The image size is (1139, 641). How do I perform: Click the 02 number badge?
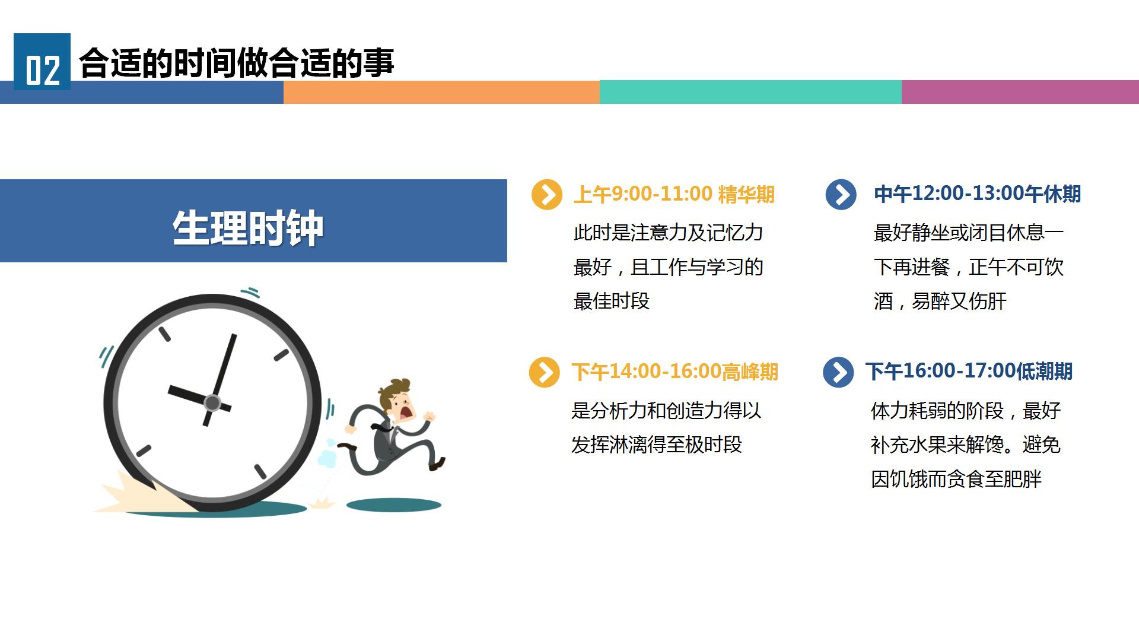pyautogui.click(x=42, y=62)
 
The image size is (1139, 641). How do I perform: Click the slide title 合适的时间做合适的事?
pyautogui.click(x=237, y=62)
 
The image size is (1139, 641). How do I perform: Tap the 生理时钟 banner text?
pyautogui.click(x=248, y=228)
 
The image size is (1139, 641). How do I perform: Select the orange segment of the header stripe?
pyautogui.click(x=441, y=92)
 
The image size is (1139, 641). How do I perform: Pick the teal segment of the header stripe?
pyautogui.click(x=750, y=92)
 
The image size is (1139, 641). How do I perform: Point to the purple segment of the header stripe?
pyautogui.click(x=1020, y=92)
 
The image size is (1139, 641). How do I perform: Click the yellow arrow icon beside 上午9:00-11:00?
pyautogui.click(x=547, y=195)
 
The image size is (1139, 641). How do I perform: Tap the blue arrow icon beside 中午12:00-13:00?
pyautogui.click(x=841, y=195)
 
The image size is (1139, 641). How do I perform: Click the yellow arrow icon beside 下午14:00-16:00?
pyautogui.click(x=545, y=372)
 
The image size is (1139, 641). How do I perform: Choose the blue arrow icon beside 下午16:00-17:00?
pyautogui.click(x=838, y=372)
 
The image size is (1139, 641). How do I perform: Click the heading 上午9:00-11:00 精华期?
pyautogui.click(x=674, y=194)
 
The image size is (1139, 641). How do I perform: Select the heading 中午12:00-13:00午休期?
pyautogui.click(x=977, y=193)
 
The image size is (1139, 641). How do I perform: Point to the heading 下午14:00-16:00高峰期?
pyautogui.click(x=675, y=372)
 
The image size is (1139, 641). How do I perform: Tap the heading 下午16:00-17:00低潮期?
pyautogui.click(x=969, y=371)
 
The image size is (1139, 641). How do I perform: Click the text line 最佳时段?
pyautogui.click(x=612, y=301)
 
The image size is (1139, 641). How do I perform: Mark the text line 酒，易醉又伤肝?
pyautogui.click(x=940, y=301)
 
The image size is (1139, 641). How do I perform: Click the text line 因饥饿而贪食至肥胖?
pyautogui.click(x=956, y=479)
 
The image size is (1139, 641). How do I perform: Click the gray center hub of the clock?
pyautogui.click(x=212, y=403)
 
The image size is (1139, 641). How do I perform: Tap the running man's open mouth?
pyautogui.click(x=406, y=411)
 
